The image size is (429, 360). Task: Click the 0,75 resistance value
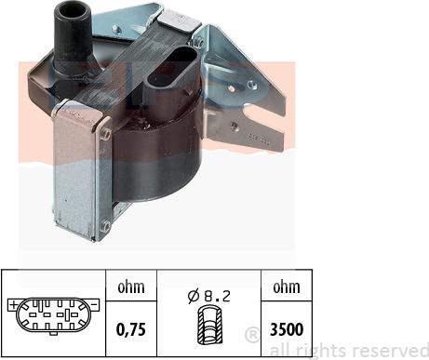pos(131,329)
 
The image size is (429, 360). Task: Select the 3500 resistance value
pos(287,329)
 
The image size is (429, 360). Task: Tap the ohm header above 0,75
pos(131,287)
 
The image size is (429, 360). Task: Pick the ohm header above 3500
pos(287,287)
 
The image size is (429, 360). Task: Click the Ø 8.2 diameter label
pos(209,296)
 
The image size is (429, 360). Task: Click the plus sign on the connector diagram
pos(13,305)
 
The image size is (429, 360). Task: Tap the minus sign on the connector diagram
pos(95,305)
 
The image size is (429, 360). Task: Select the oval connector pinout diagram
pos(53,316)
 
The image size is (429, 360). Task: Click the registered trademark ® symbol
pos(252,335)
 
